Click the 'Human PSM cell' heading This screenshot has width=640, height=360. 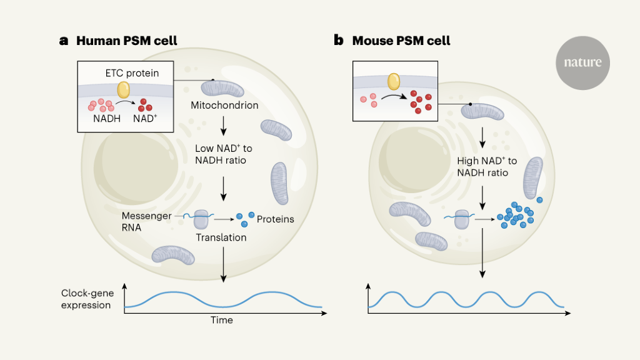[x=126, y=41]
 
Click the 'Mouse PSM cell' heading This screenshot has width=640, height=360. [x=401, y=41]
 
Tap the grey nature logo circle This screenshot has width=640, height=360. [x=582, y=62]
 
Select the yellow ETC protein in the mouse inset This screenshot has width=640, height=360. [x=394, y=81]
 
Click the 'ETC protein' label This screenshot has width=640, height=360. [x=132, y=73]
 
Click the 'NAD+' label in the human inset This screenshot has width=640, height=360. [x=145, y=118]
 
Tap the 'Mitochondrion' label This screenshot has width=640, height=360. [x=224, y=105]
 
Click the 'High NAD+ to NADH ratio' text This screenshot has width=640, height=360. [x=483, y=167]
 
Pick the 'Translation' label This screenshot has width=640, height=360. [x=221, y=237]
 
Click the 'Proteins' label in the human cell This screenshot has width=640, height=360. [x=275, y=219]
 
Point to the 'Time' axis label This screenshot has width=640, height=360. [x=221, y=320]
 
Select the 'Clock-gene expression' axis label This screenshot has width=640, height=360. [x=86, y=299]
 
